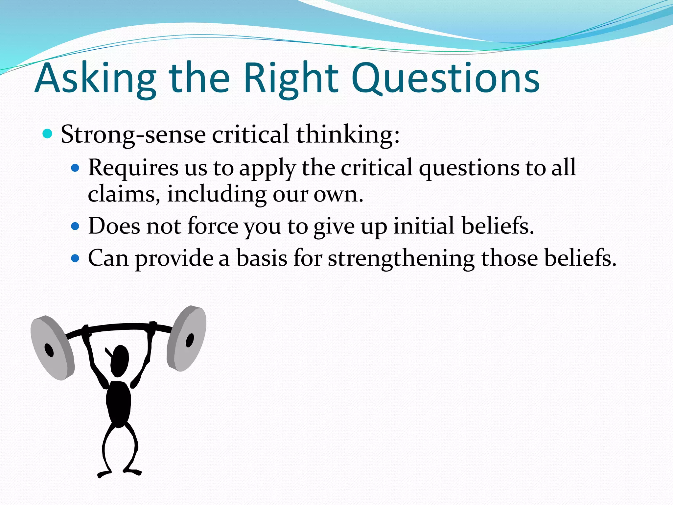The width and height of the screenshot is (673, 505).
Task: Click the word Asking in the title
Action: point(95,79)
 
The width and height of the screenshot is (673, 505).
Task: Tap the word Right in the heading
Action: point(290,79)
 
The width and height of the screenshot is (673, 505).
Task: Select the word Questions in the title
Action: point(445,79)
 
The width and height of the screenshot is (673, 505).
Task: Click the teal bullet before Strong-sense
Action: point(48,134)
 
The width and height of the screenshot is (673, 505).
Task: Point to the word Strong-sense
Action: point(133,135)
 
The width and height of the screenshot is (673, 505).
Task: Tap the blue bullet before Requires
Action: point(75,168)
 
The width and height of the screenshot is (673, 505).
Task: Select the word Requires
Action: point(133,168)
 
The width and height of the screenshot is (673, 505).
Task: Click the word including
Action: point(217,195)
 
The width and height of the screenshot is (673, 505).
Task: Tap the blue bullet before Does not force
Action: point(75,227)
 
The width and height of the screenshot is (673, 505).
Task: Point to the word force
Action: point(213,226)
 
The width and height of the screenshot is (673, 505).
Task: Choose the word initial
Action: point(424,226)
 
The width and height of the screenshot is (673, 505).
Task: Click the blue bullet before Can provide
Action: point(75,258)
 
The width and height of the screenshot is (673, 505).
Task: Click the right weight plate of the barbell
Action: point(187,338)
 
